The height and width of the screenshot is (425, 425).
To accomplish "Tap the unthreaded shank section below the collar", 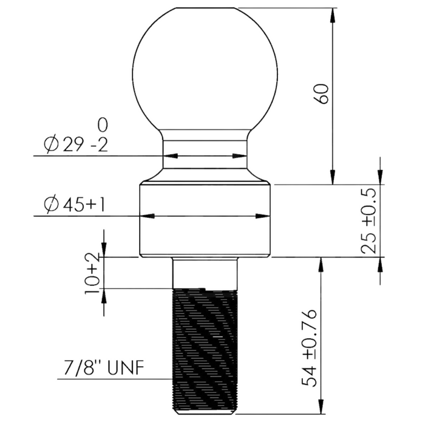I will [205, 272].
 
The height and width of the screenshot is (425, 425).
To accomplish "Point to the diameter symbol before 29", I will [52, 145].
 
